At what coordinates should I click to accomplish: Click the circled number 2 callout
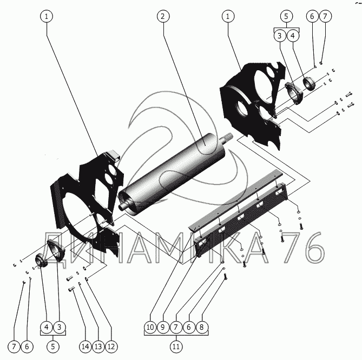(x=161, y=16)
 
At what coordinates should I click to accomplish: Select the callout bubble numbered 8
(x=202, y=327)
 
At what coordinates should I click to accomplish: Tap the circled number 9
(x=162, y=327)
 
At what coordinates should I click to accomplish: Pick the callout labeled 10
(x=149, y=327)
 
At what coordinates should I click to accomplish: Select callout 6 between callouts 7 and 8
(x=189, y=327)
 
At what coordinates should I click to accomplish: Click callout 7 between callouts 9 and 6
(x=176, y=327)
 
